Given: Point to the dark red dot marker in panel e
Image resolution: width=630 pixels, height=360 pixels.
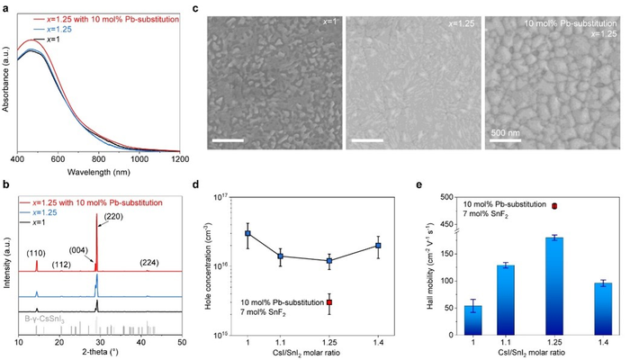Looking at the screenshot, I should point(554,206).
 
